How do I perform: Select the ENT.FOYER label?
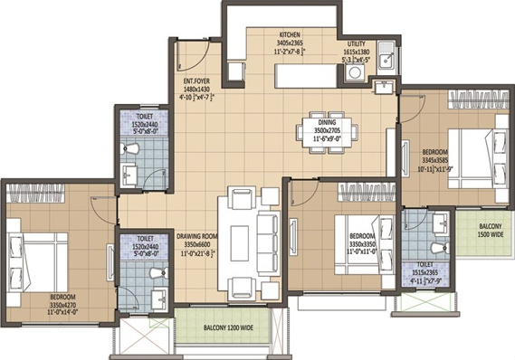tap(196, 81)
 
